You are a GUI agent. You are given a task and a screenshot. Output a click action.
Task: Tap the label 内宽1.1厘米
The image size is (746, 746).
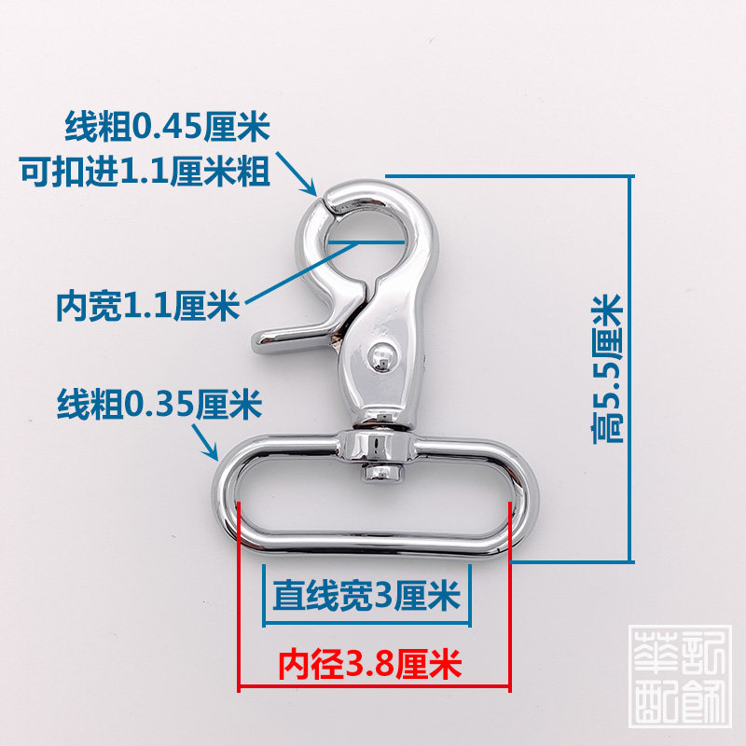[x=147, y=304]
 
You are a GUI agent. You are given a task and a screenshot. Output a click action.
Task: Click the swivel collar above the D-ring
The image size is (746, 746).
[x=377, y=446]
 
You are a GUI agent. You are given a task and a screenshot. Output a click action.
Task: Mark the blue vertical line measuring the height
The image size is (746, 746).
[x=634, y=368]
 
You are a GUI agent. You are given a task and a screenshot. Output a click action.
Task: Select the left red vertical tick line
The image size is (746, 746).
[x=241, y=597]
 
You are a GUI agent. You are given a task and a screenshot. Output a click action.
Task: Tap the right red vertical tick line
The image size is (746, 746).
[x=509, y=597]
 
